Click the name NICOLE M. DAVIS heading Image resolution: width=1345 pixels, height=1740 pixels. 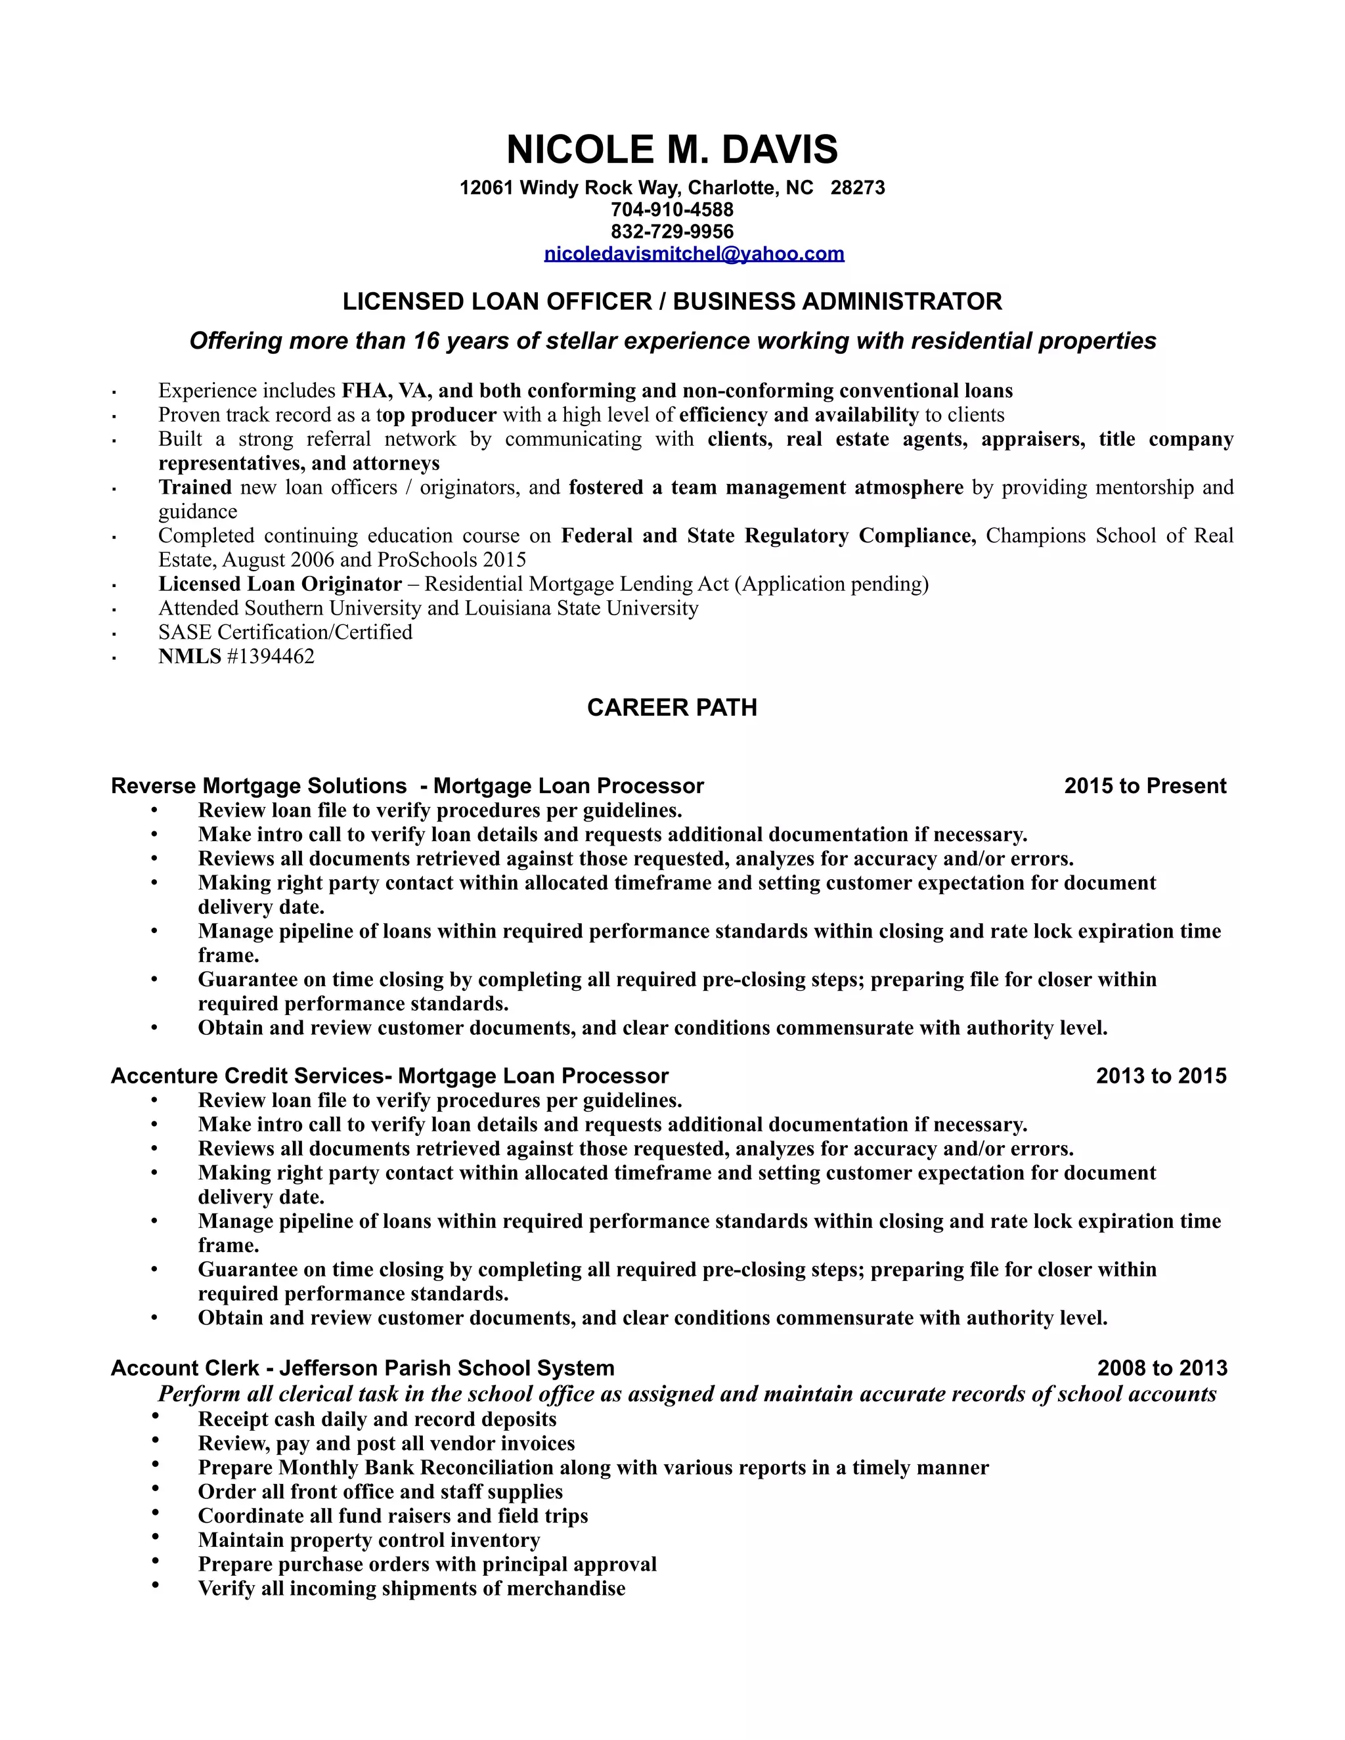coord(672,150)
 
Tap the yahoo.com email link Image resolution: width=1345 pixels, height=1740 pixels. coord(694,254)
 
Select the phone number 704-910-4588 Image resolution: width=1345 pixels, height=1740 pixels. coord(672,209)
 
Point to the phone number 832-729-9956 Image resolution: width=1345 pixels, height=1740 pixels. coord(672,232)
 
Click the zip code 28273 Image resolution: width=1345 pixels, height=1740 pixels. coord(857,188)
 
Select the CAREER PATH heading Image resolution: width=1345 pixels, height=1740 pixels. coord(672,707)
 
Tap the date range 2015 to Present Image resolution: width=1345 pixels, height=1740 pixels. coord(1145,787)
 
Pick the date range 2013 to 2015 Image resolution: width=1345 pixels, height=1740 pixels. coord(1161,1076)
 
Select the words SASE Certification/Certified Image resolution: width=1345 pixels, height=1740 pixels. coord(285,632)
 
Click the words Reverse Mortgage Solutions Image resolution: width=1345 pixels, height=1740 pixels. coord(259,787)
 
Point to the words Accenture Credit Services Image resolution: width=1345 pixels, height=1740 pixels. coord(247,1076)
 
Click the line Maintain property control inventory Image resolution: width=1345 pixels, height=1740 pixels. coord(369,1540)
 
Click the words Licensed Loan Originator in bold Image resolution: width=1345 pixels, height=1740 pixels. coord(280,584)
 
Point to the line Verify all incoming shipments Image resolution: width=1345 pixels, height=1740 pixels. coord(411,1588)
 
